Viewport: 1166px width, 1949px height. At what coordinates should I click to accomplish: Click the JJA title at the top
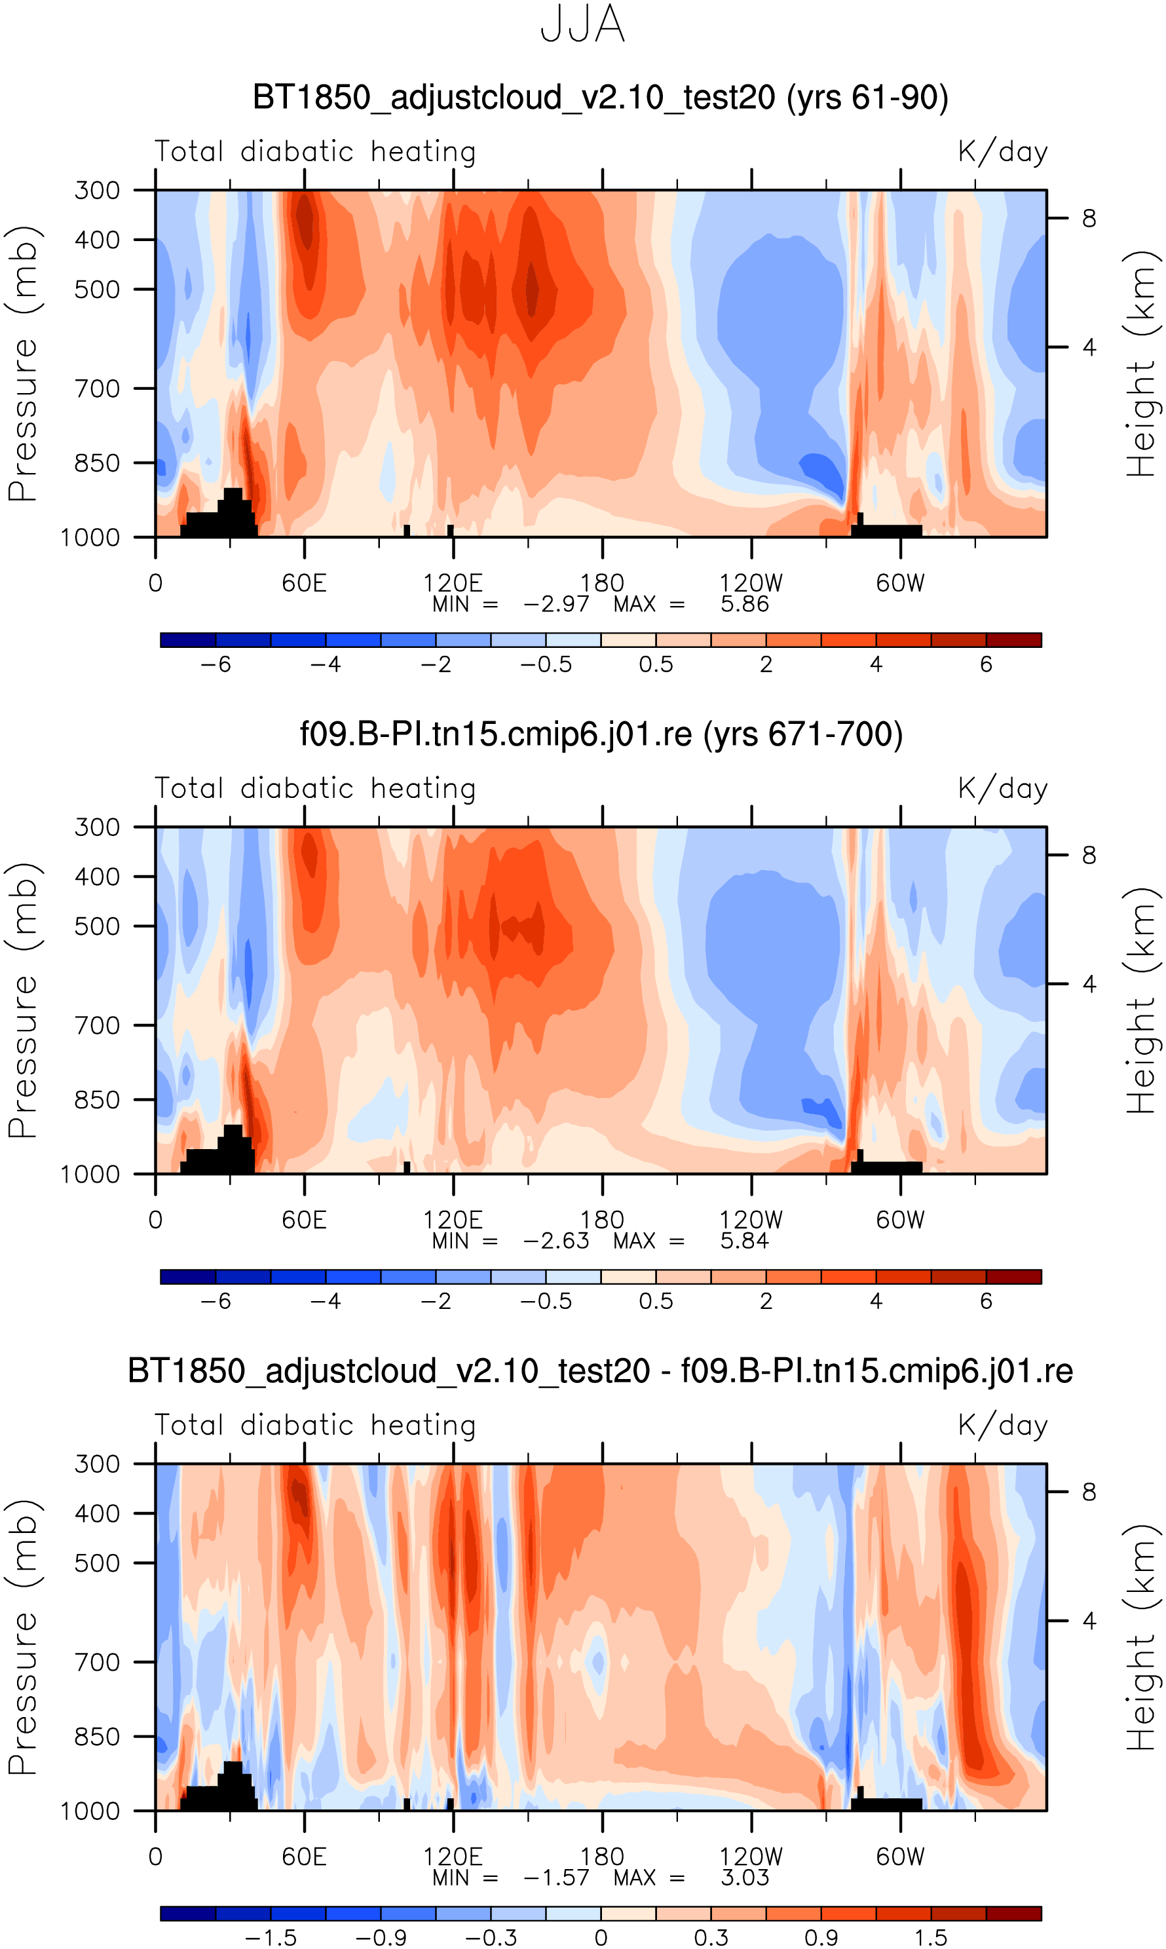pos(582,25)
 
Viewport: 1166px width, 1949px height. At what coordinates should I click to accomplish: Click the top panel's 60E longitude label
pos(304,583)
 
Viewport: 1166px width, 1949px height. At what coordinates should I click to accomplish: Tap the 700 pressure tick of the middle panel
pos(98,1025)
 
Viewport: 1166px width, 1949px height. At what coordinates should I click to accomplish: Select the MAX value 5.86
pos(744,604)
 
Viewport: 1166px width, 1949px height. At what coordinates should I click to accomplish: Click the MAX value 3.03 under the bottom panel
pos(744,1877)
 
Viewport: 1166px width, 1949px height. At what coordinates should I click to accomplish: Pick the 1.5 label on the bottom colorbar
pos(930,1937)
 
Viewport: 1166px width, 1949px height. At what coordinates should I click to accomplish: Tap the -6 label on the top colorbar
pos(216,664)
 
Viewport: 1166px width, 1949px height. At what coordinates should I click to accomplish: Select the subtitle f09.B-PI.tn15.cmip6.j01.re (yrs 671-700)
pos(601,734)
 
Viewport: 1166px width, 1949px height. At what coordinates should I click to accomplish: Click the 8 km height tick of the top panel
pos(1088,218)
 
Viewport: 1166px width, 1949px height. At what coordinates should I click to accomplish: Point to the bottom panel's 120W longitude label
pos(751,1857)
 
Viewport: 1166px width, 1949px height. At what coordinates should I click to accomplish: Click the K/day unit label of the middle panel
pos(1003,788)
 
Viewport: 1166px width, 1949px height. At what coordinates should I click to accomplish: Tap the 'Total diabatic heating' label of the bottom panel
pos(315,1425)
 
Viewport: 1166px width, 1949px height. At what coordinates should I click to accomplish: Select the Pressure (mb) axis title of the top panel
pos(24,363)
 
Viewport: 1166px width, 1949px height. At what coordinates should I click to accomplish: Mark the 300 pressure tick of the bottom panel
pos(98,1464)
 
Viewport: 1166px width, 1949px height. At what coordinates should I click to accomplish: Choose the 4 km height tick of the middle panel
pos(1088,983)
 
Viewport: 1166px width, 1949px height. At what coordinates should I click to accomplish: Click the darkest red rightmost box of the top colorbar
pos(1013,639)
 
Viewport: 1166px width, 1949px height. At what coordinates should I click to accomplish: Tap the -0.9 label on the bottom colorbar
pos(381,1937)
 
